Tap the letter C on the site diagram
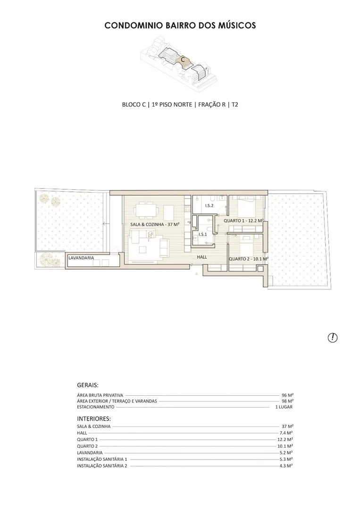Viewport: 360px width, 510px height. coord(183,60)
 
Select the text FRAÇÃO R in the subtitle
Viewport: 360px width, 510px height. coord(212,104)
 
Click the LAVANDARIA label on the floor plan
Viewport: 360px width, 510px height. coord(81,258)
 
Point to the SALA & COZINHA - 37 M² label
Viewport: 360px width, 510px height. coord(155,224)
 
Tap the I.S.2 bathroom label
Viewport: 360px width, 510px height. coord(209,205)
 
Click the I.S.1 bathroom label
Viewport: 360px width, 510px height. coord(203,234)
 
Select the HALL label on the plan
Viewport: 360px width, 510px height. coord(202,257)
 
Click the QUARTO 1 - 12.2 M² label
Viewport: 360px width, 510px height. coord(243,221)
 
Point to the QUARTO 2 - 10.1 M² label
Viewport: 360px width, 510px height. coord(249,259)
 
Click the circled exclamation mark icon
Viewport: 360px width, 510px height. coord(333,338)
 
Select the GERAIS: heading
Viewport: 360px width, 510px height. coord(88,385)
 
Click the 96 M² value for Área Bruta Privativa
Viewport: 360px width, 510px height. coord(287,395)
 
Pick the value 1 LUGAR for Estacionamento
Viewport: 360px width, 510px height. coord(284,407)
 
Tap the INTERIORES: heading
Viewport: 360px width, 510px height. coord(94,418)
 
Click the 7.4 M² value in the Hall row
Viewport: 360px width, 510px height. coord(286,433)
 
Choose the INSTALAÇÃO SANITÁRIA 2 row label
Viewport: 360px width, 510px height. coord(102,466)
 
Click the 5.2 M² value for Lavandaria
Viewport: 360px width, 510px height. coord(286,452)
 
